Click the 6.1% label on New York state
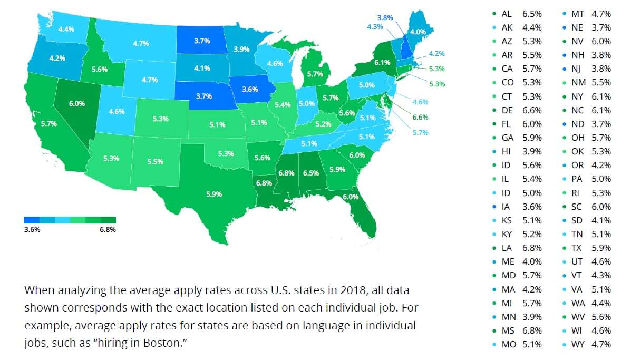click(x=382, y=62)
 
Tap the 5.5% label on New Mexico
click(x=155, y=161)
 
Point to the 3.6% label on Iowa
click(x=250, y=90)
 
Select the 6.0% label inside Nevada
click(x=76, y=103)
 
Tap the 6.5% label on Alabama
click(x=310, y=172)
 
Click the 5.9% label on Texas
click(x=214, y=194)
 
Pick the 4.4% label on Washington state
click(x=52, y=30)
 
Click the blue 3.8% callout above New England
click(x=385, y=17)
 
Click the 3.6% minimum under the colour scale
click(x=32, y=230)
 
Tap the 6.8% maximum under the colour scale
click(x=108, y=230)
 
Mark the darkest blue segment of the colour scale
click(x=32, y=220)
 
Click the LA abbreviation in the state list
click(x=508, y=248)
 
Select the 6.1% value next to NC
click(x=601, y=110)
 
